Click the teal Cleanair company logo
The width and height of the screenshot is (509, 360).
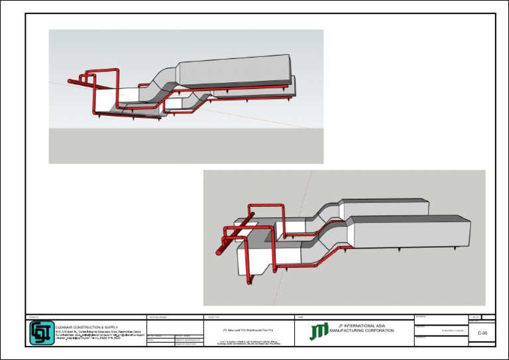pyautogui.click(x=42, y=333)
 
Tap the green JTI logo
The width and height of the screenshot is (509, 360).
pyautogui.click(x=318, y=331)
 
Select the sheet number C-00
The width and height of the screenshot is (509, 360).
pyautogui.click(x=482, y=334)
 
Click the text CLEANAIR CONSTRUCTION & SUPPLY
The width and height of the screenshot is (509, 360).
pyautogui.click(x=86, y=327)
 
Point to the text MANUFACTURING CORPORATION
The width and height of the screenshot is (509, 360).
pyautogui.click(x=361, y=330)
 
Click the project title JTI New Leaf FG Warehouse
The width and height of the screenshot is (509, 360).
pyautogui.click(x=249, y=329)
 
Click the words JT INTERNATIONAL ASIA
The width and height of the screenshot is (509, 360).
pyautogui.click(x=361, y=326)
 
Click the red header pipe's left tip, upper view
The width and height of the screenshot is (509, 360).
pyautogui.click(x=70, y=82)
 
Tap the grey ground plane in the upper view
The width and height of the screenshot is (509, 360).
pyautogui.click(x=186, y=146)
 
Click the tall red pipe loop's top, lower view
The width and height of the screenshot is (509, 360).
pyautogui.click(x=265, y=206)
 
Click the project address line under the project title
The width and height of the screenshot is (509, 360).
pyautogui.click(x=249, y=343)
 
